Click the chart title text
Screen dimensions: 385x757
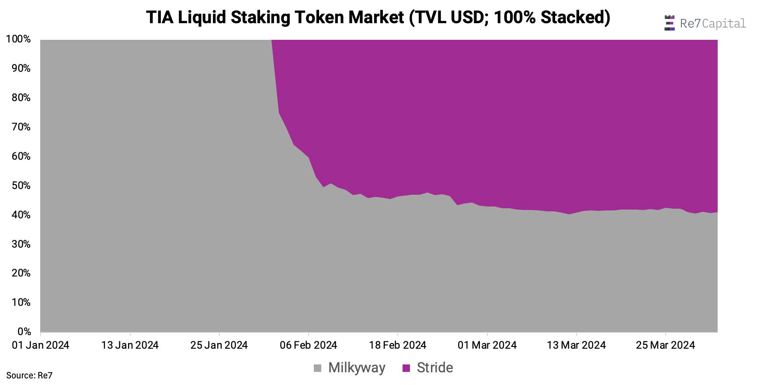(378, 17)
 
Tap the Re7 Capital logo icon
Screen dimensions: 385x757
(669, 23)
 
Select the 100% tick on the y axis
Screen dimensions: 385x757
(18, 39)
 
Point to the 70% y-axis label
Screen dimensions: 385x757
(21, 127)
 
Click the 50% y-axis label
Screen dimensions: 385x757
(21, 185)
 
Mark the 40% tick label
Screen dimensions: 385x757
(21, 215)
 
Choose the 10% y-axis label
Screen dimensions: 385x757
(21, 302)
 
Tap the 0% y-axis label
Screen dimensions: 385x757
(24, 332)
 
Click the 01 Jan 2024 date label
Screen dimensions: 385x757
(41, 345)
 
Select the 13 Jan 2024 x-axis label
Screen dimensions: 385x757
(130, 345)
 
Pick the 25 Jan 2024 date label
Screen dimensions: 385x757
(219, 345)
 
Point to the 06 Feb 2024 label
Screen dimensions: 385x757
(308, 345)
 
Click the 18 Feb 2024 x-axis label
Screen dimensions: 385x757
(397, 345)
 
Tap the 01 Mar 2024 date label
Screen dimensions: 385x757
(487, 345)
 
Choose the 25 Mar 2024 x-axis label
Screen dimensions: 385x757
(665, 345)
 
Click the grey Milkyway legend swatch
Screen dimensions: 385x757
(318, 368)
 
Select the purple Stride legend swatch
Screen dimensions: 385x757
(406, 368)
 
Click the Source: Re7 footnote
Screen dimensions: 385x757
(29, 375)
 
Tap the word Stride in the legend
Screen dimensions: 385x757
(435, 367)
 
